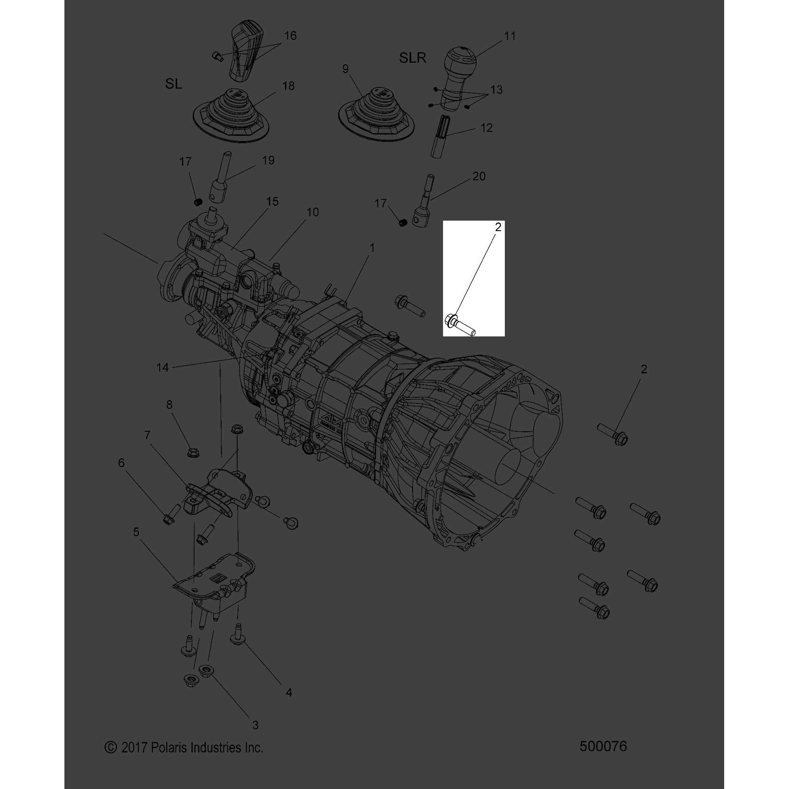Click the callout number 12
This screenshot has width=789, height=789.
487,128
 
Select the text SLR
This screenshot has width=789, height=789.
413,57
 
